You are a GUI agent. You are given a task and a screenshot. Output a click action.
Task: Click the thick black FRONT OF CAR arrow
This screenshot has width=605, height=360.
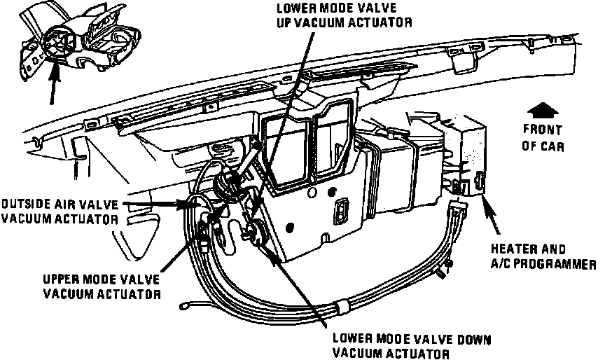[538, 110]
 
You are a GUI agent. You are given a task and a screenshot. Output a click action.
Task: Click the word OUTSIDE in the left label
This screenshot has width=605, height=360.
[23, 204]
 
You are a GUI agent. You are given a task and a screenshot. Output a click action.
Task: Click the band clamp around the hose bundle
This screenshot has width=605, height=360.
[344, 305]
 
